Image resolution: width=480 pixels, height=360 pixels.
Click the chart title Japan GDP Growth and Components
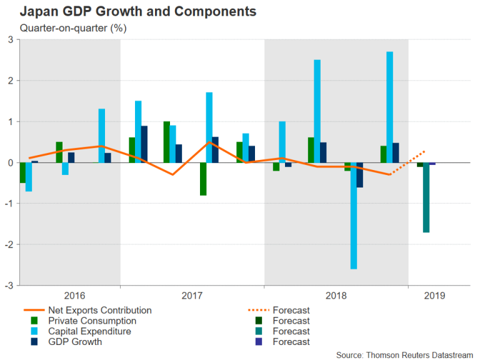(x=137, y=11)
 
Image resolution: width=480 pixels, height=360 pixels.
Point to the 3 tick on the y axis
(x=10, y=39)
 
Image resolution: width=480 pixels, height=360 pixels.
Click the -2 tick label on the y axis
(x=9, y=244)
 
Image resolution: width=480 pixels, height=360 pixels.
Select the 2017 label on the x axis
(x=192, y=296)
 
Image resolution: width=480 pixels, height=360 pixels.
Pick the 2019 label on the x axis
(x=435, y=296)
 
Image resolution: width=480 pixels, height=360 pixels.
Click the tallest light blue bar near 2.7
(x=389, y=107)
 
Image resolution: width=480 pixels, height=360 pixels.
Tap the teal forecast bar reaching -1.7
(x=426, y=197)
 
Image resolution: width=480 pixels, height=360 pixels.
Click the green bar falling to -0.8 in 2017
(x=203, y=179)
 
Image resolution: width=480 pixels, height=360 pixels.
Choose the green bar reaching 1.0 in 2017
(x=167, y=142)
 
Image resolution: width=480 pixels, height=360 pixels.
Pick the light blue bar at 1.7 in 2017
(x=209, y=127)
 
